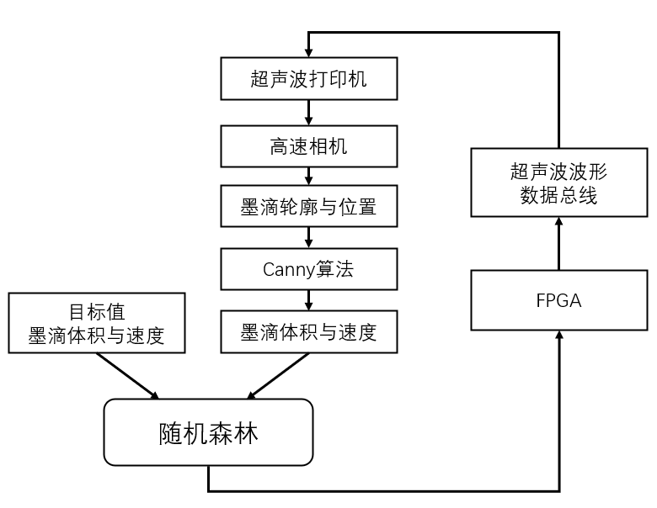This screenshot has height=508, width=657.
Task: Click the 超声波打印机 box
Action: coord(308,79)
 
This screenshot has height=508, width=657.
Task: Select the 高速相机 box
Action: coord(308,146)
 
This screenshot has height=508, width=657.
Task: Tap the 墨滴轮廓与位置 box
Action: coord(308,207)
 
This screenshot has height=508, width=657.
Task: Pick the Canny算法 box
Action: coord(308,269)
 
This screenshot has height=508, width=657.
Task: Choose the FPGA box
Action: coord(558,300)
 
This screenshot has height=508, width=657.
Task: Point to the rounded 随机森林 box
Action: coord(208,432)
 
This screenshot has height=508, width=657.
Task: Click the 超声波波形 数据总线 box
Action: coord(558,183)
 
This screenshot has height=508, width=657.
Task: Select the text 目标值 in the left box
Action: coord(96,311)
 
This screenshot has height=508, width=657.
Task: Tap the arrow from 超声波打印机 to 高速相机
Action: coord(308,112)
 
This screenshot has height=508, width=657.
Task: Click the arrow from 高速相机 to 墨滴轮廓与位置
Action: coord(308,177)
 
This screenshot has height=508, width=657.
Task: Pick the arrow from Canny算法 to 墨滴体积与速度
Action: coord(308,299)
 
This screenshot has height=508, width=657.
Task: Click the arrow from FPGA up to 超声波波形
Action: coord(558,243)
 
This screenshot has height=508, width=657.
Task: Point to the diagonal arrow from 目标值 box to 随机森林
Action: coord(127,375)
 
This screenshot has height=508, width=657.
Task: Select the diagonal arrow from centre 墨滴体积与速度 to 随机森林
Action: coord(277,375)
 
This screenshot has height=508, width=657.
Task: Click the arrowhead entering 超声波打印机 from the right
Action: coord(308,52)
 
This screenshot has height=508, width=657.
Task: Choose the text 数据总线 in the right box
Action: coord(558,194)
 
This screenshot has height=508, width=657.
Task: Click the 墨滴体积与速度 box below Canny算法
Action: coord(308,332)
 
